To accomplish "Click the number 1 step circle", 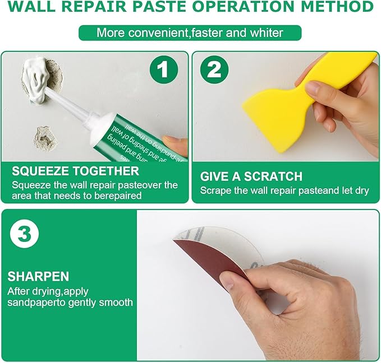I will [x=163, y=71].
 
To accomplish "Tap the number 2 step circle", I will [x=214, y=71].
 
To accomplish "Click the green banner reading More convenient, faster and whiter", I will [x=190, y=32].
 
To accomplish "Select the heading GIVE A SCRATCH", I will [x=251, y=176].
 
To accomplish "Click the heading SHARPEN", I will [x=39, y=277].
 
